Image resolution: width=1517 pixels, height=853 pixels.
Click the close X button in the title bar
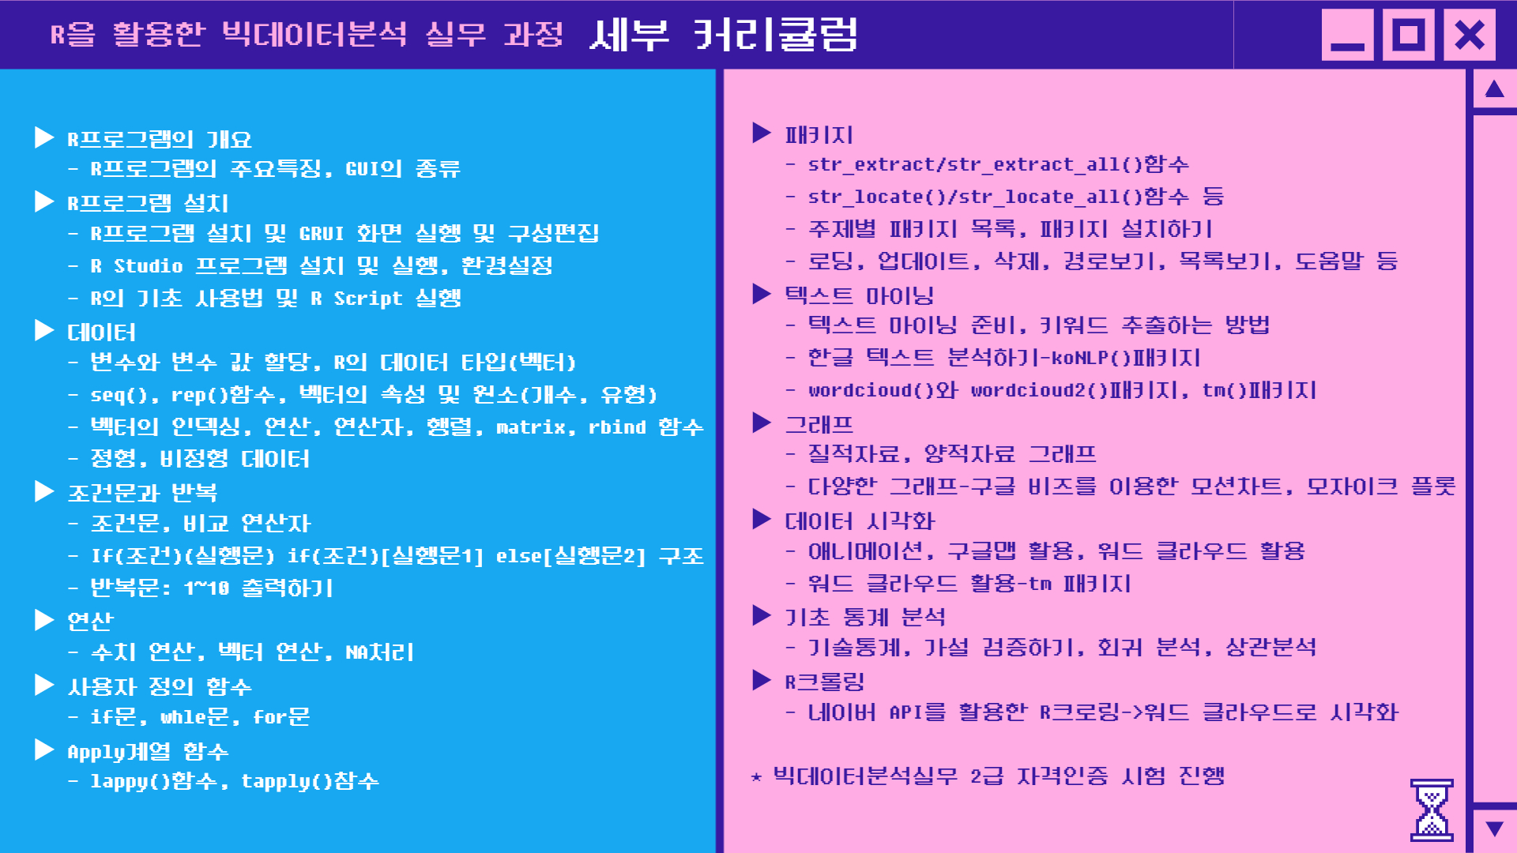1470,35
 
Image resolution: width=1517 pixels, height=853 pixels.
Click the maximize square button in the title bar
1409,35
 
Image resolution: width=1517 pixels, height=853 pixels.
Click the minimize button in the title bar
1348,35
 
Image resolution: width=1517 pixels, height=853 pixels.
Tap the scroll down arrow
1494,829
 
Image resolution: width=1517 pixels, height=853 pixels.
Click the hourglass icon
1432,810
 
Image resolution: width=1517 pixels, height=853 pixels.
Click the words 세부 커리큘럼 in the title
724,35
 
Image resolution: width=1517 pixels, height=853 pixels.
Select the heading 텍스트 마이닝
859,295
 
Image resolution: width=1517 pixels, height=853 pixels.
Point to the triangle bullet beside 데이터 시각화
762,519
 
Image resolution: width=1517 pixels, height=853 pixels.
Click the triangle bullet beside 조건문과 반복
44,491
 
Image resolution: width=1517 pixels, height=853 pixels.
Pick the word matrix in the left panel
531,426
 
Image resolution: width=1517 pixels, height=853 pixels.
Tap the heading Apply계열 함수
148,751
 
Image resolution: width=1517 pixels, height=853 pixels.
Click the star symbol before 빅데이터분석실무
756,777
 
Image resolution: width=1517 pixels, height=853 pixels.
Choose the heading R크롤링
824,681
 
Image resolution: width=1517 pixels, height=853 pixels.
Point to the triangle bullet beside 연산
44,620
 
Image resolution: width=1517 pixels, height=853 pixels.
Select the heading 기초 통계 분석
864,616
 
